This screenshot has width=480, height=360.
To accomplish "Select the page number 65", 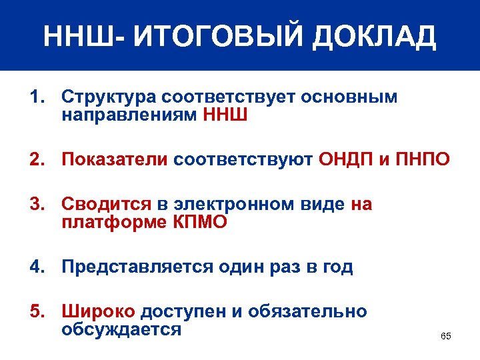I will click(446, 336).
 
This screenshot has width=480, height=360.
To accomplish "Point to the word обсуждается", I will click(121, 329).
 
